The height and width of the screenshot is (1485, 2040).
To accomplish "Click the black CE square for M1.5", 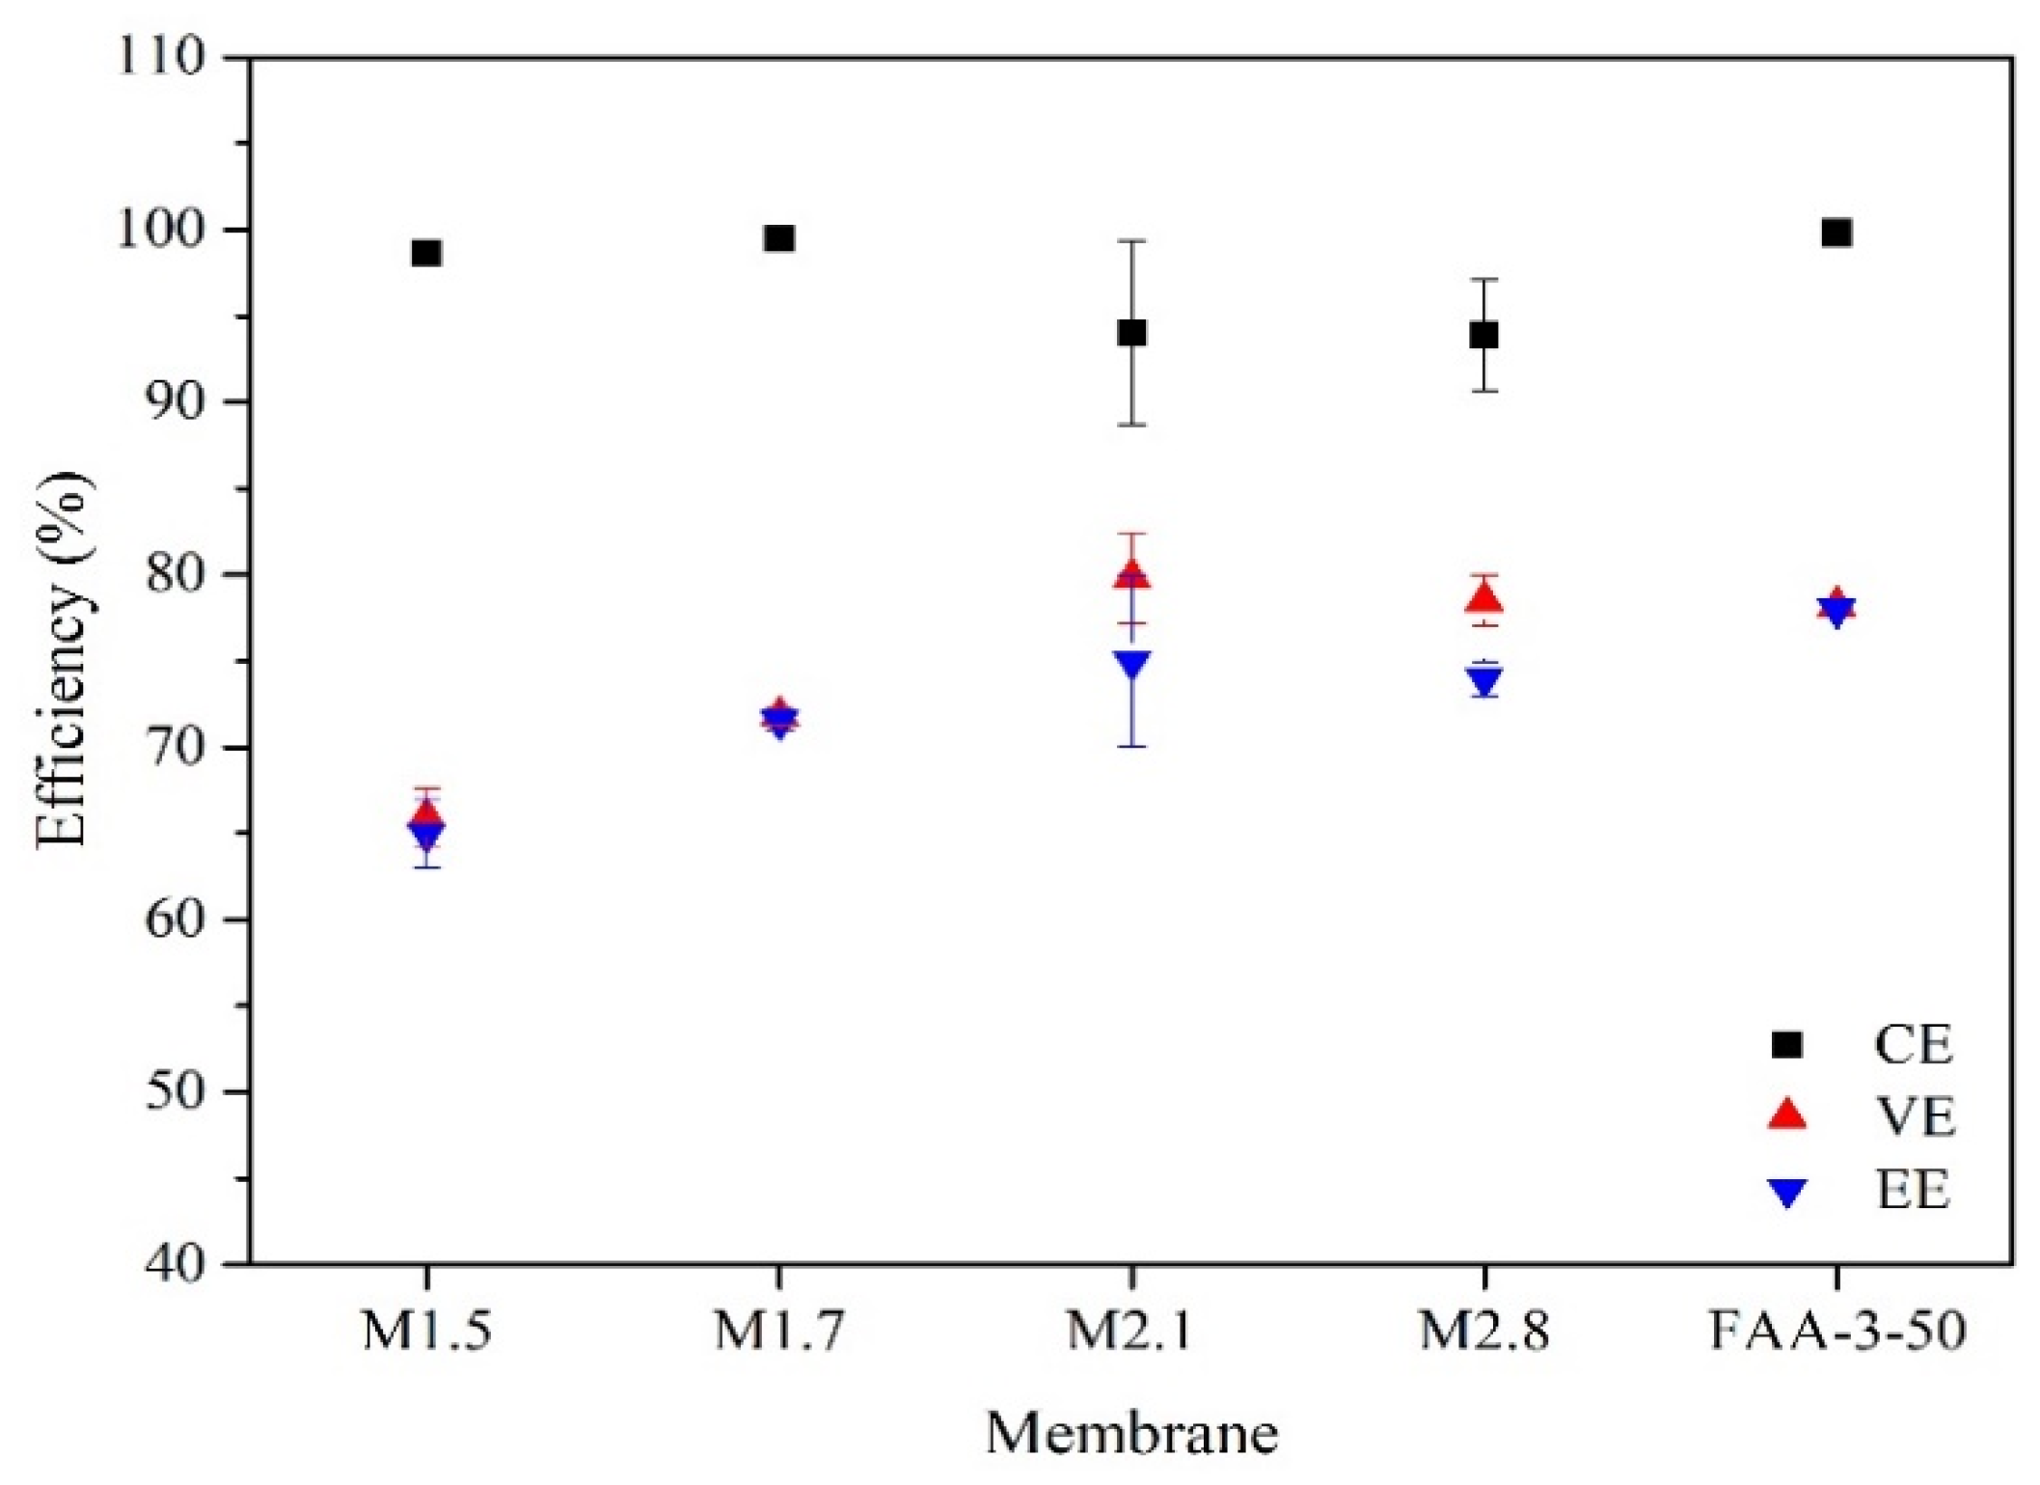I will click(426, 254).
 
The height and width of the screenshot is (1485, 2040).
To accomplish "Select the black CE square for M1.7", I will click(778, 238).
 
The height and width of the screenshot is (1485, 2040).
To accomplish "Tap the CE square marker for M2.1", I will click(1131, 333).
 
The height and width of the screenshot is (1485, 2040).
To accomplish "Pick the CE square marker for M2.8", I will click(1483, 336).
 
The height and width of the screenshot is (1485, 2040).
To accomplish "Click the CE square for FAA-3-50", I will click(1836, 234).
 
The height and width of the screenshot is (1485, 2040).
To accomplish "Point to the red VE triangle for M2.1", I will click(1131, 577).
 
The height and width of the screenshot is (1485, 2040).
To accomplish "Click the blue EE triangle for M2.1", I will click(1131, 664).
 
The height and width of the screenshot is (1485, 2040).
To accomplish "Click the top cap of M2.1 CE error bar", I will click(1131, 241).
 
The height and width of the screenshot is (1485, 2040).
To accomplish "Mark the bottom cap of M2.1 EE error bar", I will click(1131, 747).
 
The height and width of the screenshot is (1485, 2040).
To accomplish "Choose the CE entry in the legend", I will click(1913, 1044).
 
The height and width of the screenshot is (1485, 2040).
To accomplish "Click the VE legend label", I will click(1915, 1117).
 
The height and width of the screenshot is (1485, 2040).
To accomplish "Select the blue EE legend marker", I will click(1787, 1194).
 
